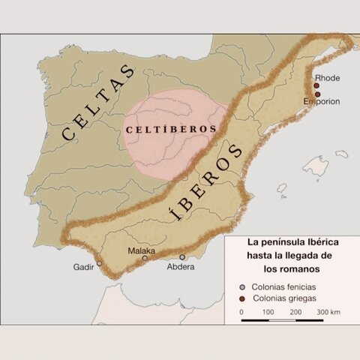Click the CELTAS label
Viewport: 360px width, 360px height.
coord(98,104)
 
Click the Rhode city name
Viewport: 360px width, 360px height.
coord(328,77)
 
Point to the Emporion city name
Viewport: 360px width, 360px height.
coord(323,101)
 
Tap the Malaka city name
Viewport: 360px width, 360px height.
coord(142,251)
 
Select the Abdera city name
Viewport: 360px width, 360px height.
coord(181,266)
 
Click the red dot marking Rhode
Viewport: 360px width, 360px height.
coord(317,85)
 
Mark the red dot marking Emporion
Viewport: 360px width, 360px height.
coord(317,94)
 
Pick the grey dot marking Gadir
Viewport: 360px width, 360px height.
coord(100,263)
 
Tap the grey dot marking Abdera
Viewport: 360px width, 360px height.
coord(182,256)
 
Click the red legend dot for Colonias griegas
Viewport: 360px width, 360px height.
coord(243,298)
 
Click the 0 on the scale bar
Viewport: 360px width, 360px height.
coord(242,310)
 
